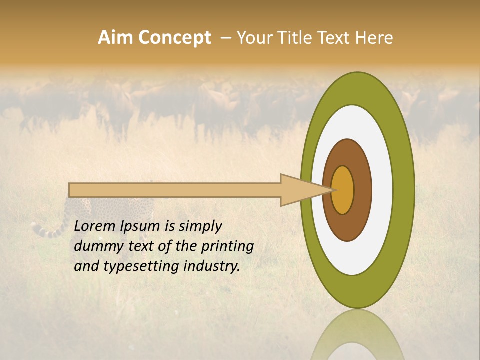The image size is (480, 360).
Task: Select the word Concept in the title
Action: (174, 38)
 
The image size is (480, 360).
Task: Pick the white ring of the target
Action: (382, 190)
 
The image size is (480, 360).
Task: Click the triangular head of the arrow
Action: (300, 190)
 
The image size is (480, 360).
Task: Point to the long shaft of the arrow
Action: (175, 190)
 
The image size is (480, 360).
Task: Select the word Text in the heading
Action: (333, 38)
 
